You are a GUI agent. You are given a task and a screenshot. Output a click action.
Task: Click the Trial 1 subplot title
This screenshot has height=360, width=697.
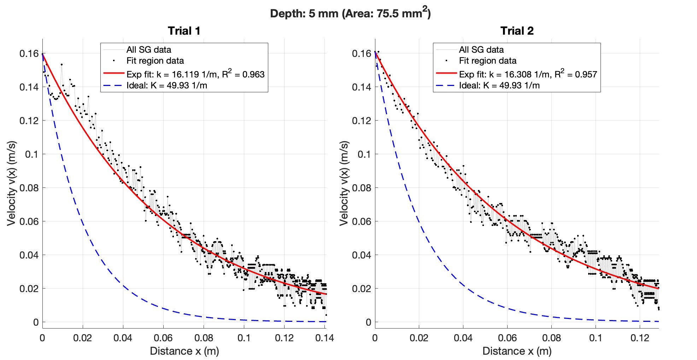coord(184,31)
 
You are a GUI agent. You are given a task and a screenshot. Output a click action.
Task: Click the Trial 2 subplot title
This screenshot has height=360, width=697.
coord(517,31)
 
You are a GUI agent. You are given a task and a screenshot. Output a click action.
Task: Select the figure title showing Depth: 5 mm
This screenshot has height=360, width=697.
coord(350,13)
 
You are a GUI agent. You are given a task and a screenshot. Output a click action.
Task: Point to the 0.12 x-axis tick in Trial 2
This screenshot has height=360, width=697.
coord(640,338)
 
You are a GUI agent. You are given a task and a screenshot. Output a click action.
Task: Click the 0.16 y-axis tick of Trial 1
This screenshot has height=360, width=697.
coord(29,54)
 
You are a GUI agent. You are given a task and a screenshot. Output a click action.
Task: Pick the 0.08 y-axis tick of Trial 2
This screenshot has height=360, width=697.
coord(362,188)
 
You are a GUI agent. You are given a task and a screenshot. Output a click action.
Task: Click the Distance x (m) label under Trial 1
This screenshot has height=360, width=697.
coord(184,351)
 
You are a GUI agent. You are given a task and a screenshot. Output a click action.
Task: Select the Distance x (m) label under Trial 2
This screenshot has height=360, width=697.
coord(517,351)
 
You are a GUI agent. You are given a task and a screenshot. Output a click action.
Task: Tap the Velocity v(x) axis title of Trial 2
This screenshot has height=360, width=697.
coord(344,183)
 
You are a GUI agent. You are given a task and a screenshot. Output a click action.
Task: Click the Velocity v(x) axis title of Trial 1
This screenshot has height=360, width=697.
coord(11,183)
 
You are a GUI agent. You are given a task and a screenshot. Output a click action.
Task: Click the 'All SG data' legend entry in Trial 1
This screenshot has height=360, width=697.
coord(148,50)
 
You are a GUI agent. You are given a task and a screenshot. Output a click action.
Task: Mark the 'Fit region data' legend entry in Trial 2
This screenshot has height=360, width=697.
coord(487,61)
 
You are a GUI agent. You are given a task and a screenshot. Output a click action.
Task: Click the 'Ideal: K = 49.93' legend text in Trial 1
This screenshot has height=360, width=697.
coord(166,86)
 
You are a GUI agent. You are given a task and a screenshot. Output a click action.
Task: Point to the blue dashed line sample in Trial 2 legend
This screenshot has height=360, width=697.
coord(446,86)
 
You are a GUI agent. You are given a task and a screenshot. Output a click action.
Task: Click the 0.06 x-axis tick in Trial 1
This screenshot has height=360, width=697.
coord(163,338)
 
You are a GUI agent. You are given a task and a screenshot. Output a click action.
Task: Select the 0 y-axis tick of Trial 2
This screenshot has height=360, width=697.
coord(368,322)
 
